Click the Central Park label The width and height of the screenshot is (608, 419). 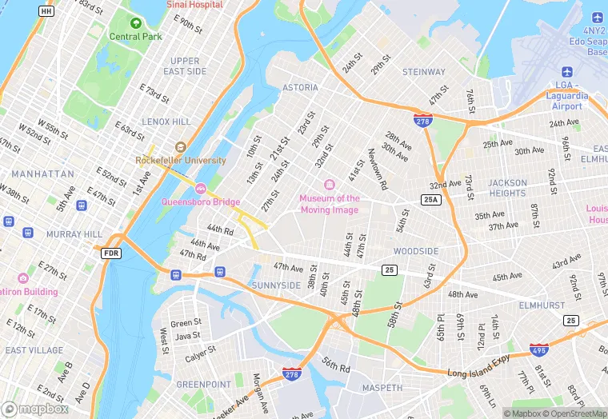(135, 37)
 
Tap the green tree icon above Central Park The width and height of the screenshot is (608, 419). (136, 23)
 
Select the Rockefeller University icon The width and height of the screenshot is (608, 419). (180, 147)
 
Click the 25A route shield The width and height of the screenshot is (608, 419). (431, 199)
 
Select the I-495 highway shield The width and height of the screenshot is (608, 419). (539, 350)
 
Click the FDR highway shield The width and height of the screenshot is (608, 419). (112, 253)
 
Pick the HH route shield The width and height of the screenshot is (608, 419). (46, 11)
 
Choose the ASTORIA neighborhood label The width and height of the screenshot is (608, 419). (300, 88)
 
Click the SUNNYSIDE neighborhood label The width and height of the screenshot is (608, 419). (276, 285)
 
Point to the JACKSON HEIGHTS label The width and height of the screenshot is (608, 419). (508, 188)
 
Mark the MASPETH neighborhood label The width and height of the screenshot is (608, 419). (383, 388)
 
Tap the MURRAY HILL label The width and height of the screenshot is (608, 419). (74, 234)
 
